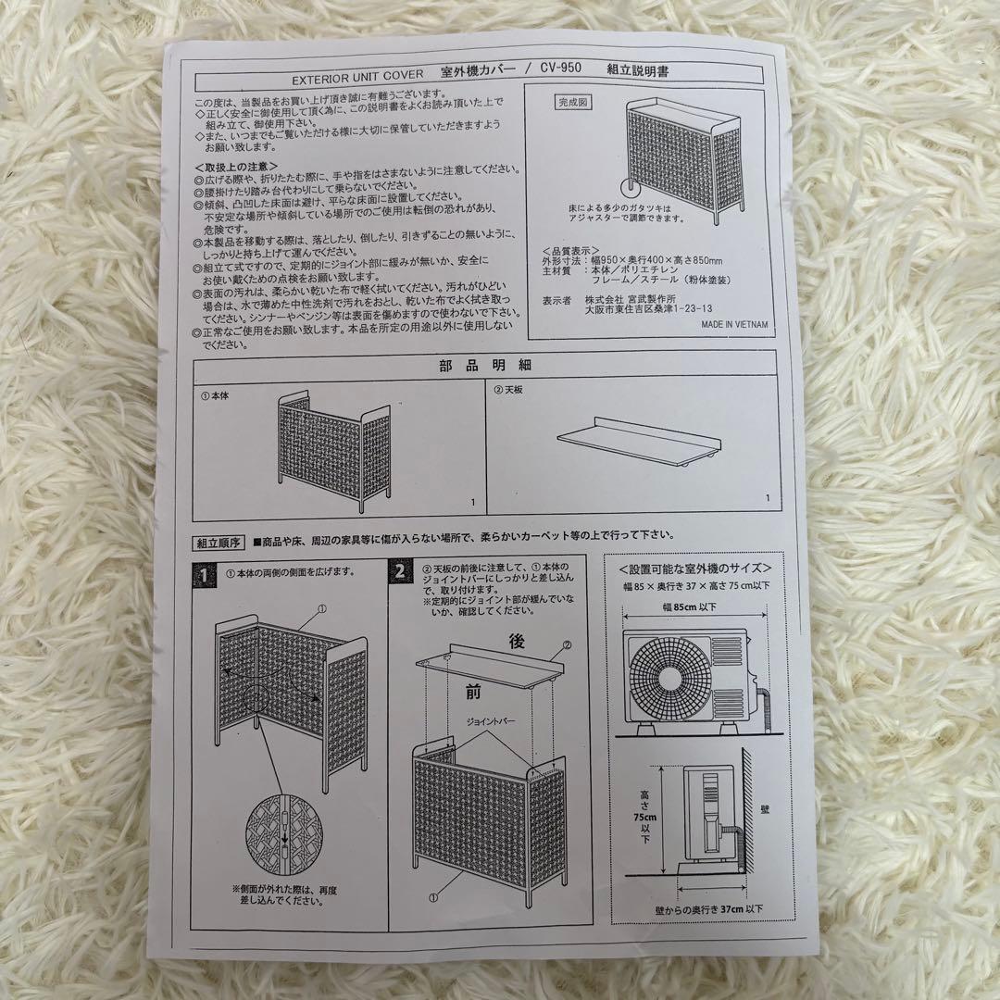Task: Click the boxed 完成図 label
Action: pyautogui.click(x=571, y=102)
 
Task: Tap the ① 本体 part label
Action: pyautogui.click(x=215, y=394)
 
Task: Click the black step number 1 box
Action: pyautogui.click(x=201, y=573)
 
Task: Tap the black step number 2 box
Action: pyautogui.click(x=399, y=572)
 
